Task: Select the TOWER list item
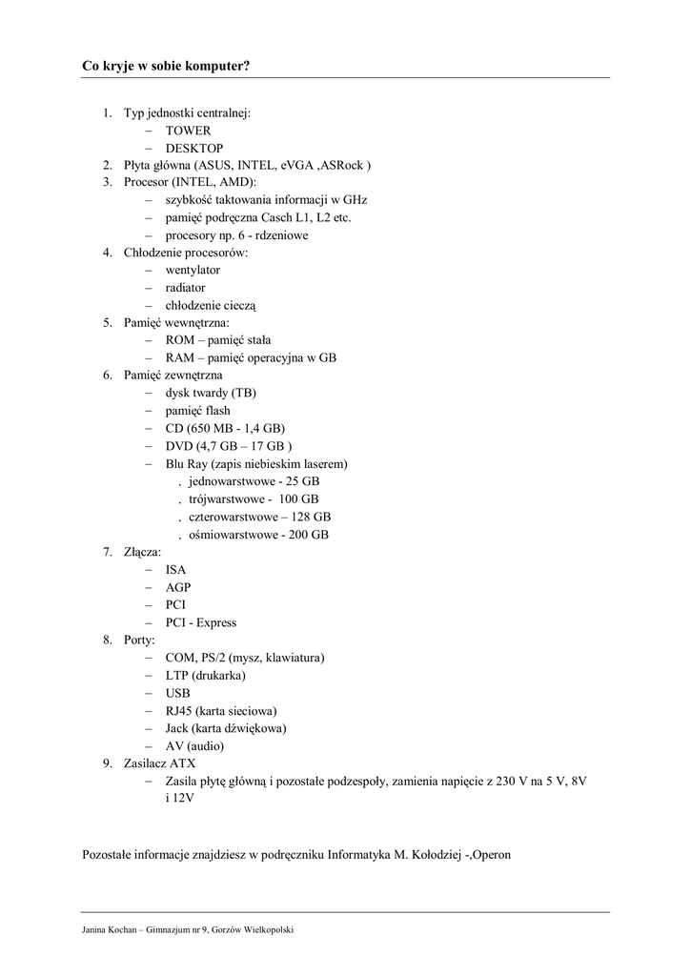click(188, 131)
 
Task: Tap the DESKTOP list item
click(193, 148)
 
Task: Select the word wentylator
click(192, 270)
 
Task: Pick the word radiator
click(185, 287)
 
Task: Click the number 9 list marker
click(107, 763)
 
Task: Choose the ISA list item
click(175, 569)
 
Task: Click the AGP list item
click(177, 587)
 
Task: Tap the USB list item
click(177, 693)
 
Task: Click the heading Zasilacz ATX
click(159, 763)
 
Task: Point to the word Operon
click(488, 854)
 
